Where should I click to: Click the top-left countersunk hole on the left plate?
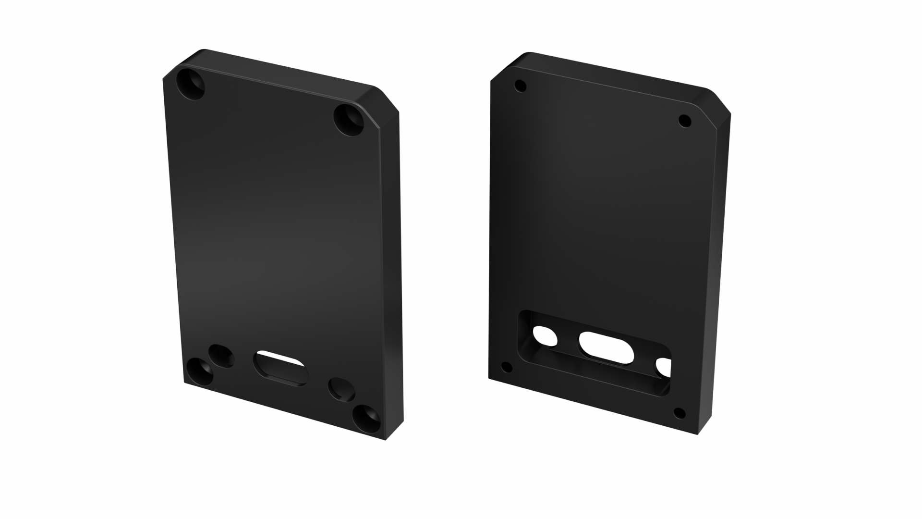(x=191, y=84)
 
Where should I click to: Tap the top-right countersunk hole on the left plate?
(x=349, y=120)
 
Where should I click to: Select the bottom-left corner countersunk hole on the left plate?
(x=199, y=373)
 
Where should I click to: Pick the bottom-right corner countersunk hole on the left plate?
(x=367, y=418)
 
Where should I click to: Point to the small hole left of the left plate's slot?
(x=221, y=356)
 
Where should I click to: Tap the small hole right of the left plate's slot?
(x=341, y=389)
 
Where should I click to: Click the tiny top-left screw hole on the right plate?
(x=520, y=86)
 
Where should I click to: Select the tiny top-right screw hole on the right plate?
(x=685, y=121)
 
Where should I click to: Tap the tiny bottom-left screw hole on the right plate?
(x=507, y=368)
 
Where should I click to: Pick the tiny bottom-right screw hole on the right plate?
(x=679, y=413)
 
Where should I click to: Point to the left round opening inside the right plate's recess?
(x=545, y=336)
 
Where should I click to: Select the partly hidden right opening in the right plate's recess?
(x=664, y=368)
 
